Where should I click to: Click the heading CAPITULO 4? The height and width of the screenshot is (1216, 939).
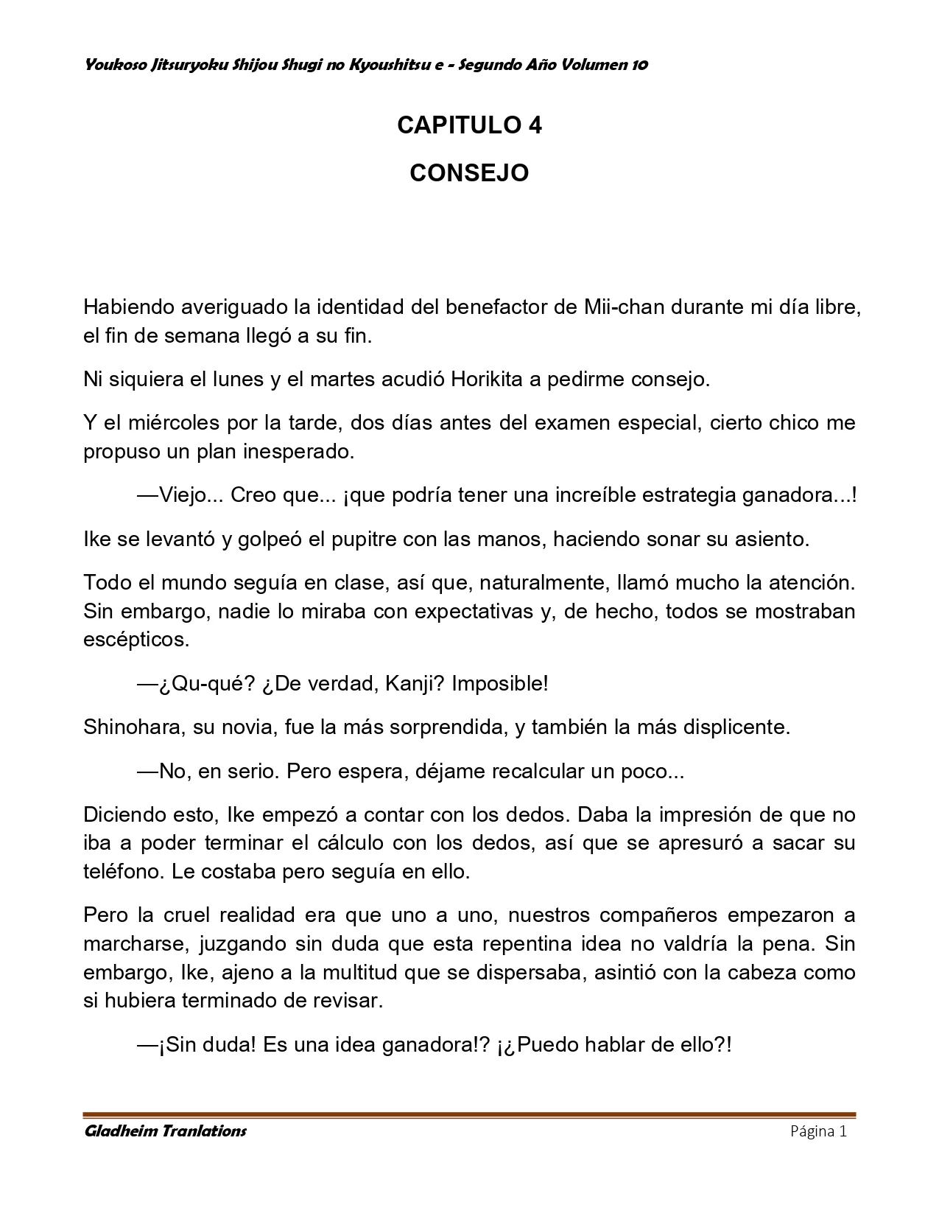click(469, 126)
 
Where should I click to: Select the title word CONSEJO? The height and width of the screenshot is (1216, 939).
click(469, 173)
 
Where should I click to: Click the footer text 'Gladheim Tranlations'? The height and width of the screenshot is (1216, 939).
click(165, 1131)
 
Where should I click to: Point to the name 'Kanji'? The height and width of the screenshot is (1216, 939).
click(415, 683)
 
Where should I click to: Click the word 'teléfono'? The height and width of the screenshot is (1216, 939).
click(124, 872)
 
